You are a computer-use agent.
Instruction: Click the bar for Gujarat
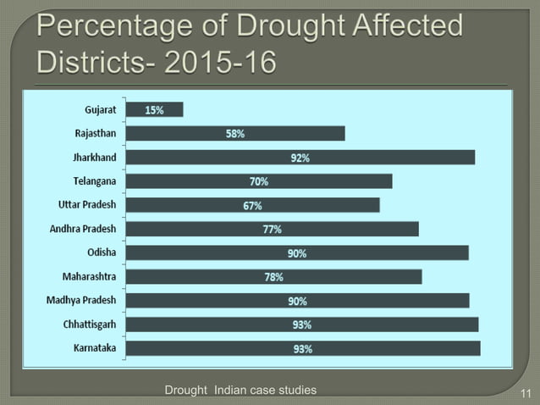click(154, 109)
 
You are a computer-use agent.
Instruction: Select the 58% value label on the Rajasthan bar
click(235, 134)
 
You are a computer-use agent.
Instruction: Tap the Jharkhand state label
click(95, 158)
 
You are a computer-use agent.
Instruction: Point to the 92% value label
click(300, 158)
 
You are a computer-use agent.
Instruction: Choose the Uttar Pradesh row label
click(87, 205)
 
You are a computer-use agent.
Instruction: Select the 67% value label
click(253, 206)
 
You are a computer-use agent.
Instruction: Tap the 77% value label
click(272, 230)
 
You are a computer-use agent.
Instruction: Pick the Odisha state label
click(102, 252)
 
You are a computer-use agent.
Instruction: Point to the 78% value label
click(273, 277)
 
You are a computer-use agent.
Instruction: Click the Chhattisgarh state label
click(90, 325)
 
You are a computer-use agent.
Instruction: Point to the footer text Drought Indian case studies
click(240, 390)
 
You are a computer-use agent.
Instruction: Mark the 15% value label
click(154, 110)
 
